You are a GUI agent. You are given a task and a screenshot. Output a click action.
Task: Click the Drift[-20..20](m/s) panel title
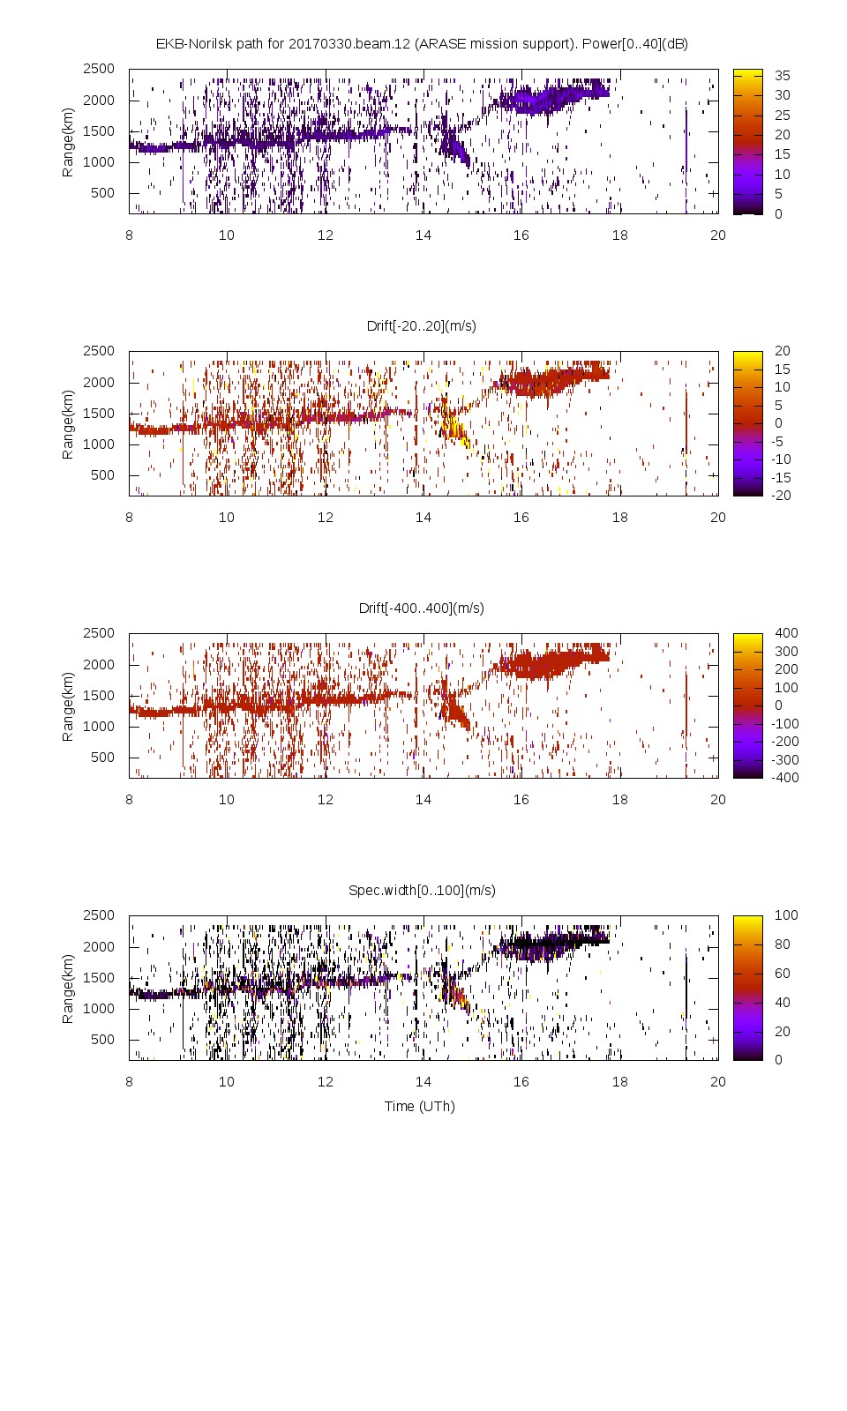421,325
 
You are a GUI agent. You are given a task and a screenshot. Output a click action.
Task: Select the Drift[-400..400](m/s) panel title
421,608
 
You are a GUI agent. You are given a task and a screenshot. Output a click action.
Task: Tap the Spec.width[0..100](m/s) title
421,890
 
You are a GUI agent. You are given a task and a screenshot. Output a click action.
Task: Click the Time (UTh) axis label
419,1106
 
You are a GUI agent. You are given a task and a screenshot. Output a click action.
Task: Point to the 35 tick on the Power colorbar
782,75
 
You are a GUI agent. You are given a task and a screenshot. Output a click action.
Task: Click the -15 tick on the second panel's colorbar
782,477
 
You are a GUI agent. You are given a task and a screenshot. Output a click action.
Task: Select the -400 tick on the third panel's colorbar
785,777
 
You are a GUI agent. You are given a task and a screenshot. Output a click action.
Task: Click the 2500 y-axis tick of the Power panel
98,69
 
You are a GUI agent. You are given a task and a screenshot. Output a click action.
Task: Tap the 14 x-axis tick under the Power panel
423,235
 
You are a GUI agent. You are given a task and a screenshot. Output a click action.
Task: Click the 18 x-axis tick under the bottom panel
620,1081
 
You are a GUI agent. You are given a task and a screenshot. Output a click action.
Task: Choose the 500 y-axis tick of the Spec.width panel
102,1039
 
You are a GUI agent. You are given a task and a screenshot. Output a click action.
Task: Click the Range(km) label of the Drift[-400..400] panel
68,705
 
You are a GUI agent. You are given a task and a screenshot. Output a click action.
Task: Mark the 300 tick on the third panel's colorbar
785,651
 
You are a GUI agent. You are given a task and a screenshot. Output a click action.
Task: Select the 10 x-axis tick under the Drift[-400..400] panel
227,799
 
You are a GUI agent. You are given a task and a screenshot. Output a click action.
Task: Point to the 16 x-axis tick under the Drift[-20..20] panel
521,517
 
